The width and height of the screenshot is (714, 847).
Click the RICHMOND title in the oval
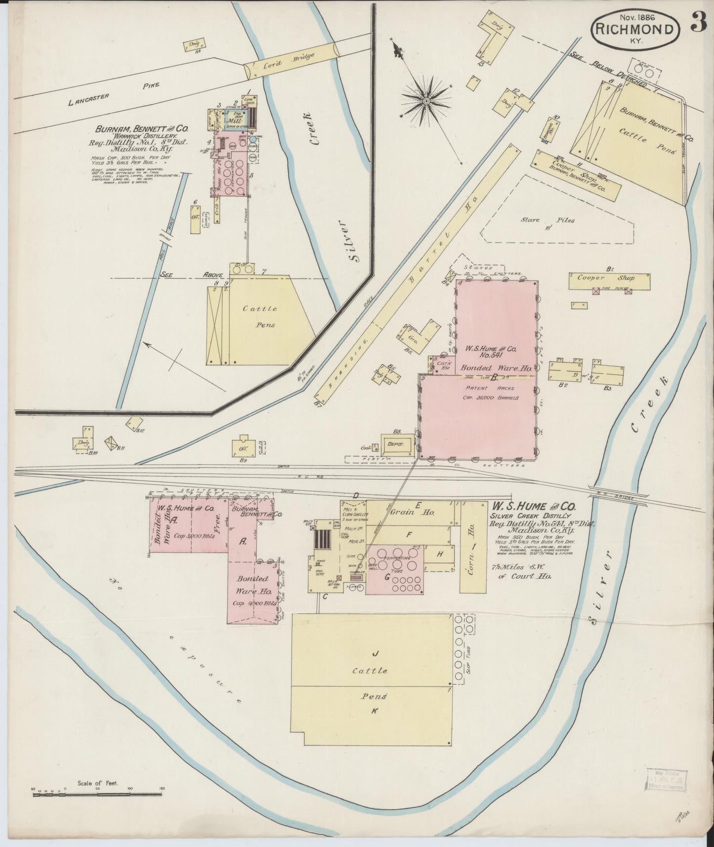click(634, 30)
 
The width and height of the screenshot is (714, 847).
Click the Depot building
click(395, 444)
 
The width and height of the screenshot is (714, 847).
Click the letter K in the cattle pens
click(375, 711)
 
